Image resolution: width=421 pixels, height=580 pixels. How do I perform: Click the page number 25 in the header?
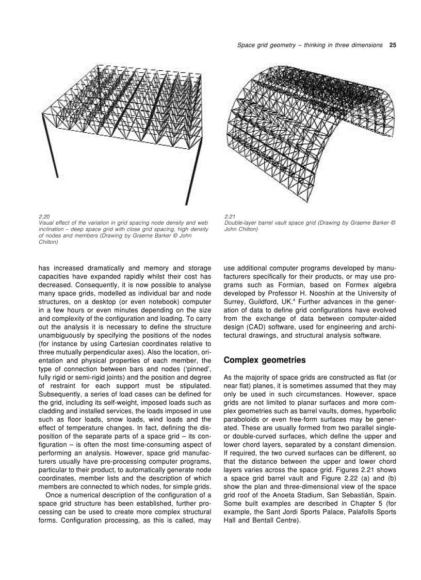point(393,45)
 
